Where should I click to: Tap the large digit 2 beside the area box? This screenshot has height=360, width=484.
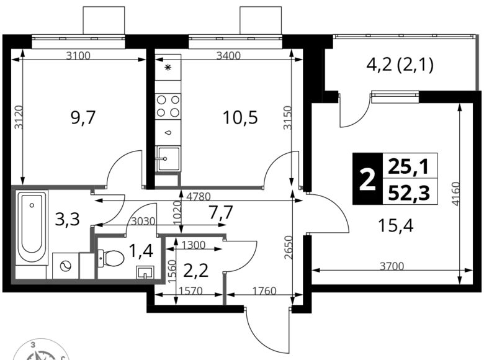pos(368,180)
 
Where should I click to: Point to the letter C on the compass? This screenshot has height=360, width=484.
pos(62,355)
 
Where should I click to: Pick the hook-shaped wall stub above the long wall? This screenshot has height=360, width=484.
pos(171,179)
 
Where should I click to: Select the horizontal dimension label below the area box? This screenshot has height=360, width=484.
pos(392,265)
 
